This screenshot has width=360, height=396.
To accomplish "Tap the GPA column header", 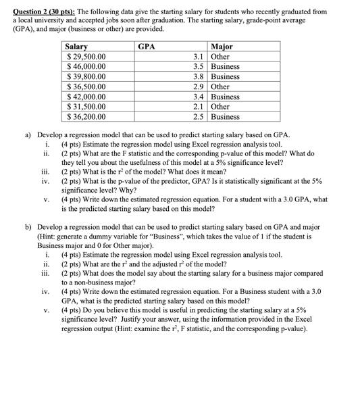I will click(147, 47).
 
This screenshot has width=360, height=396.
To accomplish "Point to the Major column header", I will click(223, 47).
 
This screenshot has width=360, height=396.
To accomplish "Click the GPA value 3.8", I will click(197, 77).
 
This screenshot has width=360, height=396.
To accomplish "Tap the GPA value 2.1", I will click(197, 106).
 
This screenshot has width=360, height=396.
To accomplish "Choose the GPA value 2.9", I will click(197, 86).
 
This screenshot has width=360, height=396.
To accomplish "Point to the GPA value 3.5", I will click(197, 67).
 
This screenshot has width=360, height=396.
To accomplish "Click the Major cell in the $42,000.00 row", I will click(225, 97).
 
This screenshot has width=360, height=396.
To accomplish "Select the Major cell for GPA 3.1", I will click(220, 57).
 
